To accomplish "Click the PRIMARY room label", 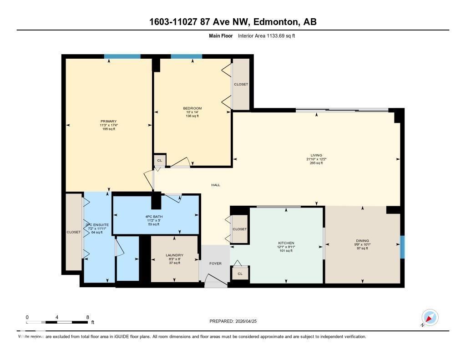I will pyautogui.click(x=108, y=122).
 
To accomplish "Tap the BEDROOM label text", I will pyautogui.click(x=192, y=108).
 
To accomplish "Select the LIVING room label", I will pyautogui.click(x=316, y=155).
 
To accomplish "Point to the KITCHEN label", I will pyautogui.click(x=286, y=243).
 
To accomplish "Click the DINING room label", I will pyautogui.click(x=362, y=241).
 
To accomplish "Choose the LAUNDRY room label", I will pyautogui.click(x=175, y=255).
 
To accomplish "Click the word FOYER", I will pyautogui.click(x=215, y=263).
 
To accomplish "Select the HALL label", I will pyautogui.click(x=216, y=185).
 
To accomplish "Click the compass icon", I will pyautogui.click(x=430, y=317).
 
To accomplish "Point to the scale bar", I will pyautogui.click(x=57, y=322).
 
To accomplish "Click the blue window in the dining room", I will pyautogui.click(x=402, y=247).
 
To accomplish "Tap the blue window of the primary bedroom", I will pyautogui.click(x=122, y=56).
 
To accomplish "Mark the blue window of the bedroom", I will pyautogui.click(x=186, y=56).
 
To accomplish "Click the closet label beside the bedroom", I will pyautogui.click(x=241, y=85).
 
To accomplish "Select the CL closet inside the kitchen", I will pyautogui.click(x=240, y=273).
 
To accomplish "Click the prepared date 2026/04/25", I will pyautogui.click(x=233, y=321).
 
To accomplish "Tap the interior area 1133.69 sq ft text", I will pyautogui.click(x=266, y=35).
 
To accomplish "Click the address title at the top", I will pyautogui.click(x=233, y=21).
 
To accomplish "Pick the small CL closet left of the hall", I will pyautogui.click(x=160, y=160).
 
